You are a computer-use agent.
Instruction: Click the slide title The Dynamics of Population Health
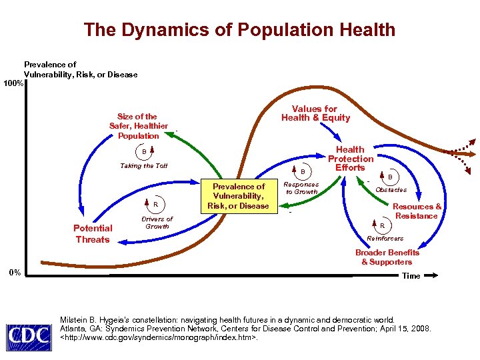[239, 30]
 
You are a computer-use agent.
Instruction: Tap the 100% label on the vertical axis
[13, 84]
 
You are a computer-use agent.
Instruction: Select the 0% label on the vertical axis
[14, 272]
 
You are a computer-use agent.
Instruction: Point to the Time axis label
[411, 276]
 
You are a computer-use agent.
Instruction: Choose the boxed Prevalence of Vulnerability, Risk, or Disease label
[238, 196]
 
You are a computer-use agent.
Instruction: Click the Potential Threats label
[92, 234]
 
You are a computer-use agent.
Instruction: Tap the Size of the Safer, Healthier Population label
[138, 126]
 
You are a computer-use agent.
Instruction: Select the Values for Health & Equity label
[315, 113]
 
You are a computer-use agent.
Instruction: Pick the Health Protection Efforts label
[350, 159]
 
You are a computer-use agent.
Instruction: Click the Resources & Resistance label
[417, 211]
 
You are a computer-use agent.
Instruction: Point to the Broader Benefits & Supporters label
[387, 257]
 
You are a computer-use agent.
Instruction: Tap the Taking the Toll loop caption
[143, 166]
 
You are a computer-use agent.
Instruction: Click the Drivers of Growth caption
[157, 223]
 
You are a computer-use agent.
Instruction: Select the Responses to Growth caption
[301, 188]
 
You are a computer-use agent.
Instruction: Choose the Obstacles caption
[391, 190]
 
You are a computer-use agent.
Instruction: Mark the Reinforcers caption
[385, 238]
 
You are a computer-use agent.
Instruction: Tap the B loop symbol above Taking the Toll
[143, 151]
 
